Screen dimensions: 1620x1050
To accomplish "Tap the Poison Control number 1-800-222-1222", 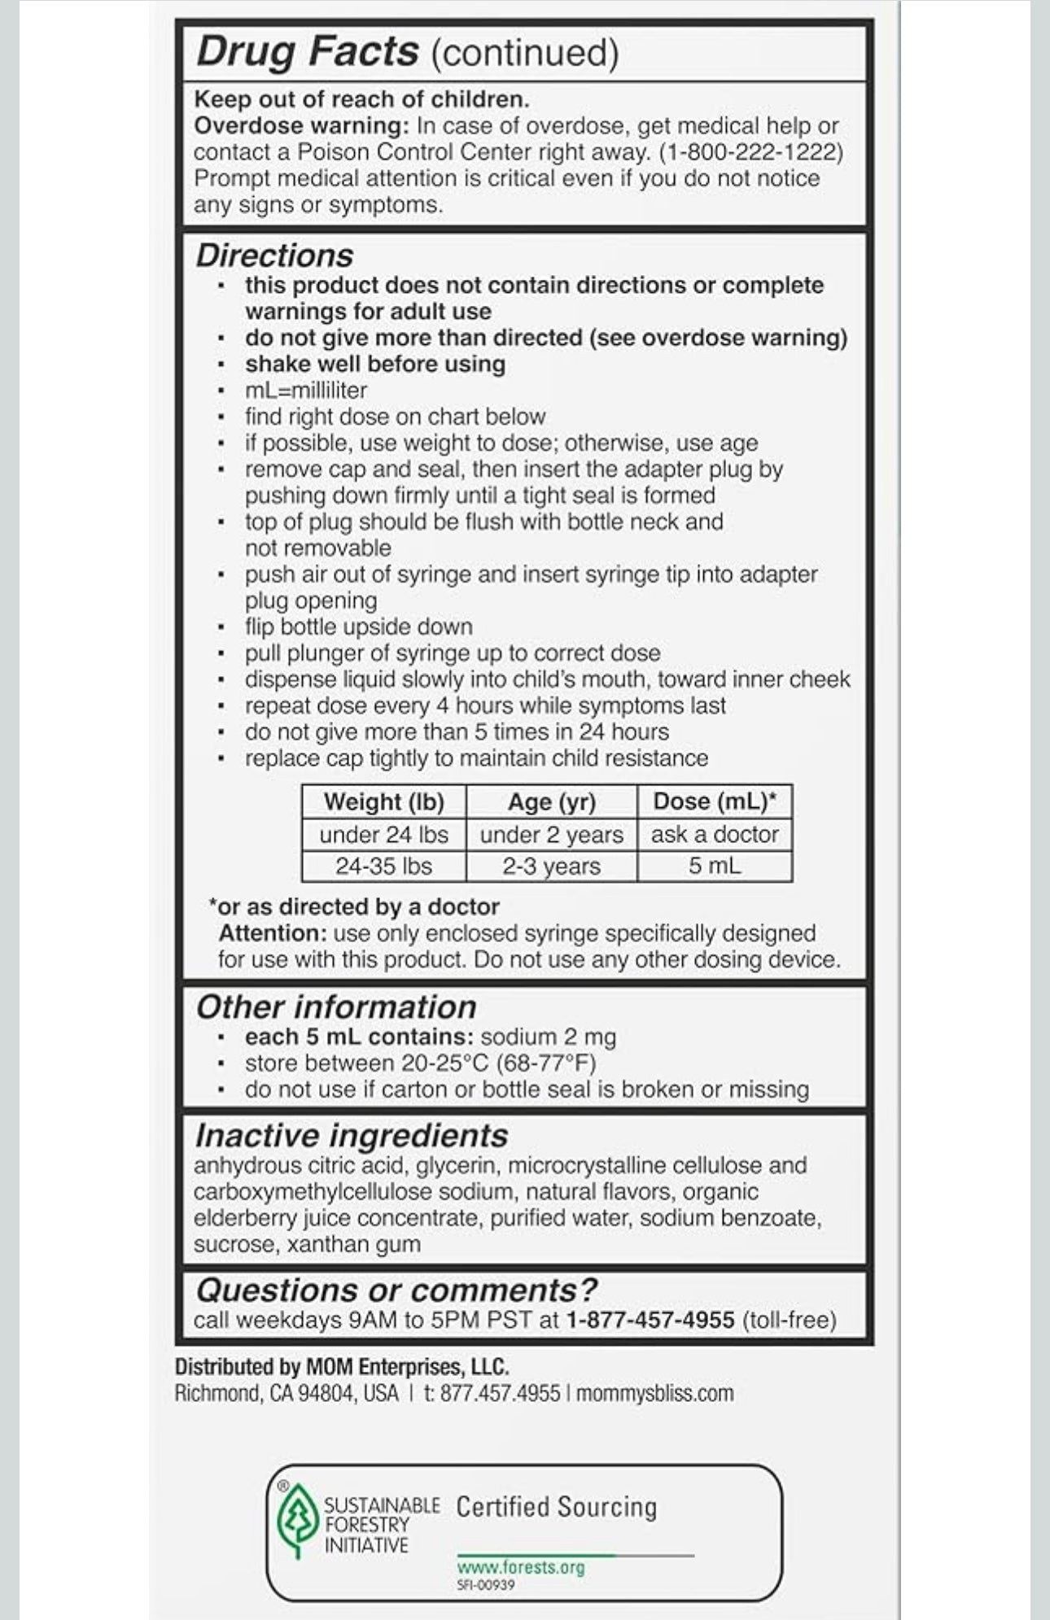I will (x=751, y=152).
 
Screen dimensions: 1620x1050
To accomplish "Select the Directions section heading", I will (x=274, y=255).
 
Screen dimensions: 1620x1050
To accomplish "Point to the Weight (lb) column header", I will (x=383, y=802).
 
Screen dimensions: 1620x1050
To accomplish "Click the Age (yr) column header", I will (x=552, y=802).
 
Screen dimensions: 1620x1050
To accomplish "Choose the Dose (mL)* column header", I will (x=715, y=801).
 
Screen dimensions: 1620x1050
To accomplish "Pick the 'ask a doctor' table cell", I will (x=715, y=834).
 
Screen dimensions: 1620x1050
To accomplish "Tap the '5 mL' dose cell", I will (x=715, y=866).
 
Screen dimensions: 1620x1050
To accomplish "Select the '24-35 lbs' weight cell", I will (x=383, y=866).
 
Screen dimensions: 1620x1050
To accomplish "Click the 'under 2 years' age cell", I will (x=552, y=835).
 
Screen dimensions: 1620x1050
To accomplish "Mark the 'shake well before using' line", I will (x=375, y=364).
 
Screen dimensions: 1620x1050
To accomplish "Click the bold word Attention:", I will (x=272, y=933).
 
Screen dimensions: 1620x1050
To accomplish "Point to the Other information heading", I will (x=336, y=1007).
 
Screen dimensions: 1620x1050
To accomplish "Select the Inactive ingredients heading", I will (x=351, y=1136).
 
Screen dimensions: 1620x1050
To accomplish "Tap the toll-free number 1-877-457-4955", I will (x=650, y=1320).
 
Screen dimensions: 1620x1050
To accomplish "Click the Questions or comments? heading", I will (x=396, y=1290).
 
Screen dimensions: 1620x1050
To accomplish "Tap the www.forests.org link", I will (x=521, y=1567).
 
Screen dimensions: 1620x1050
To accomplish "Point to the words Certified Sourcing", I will (x=556, y=1507).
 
